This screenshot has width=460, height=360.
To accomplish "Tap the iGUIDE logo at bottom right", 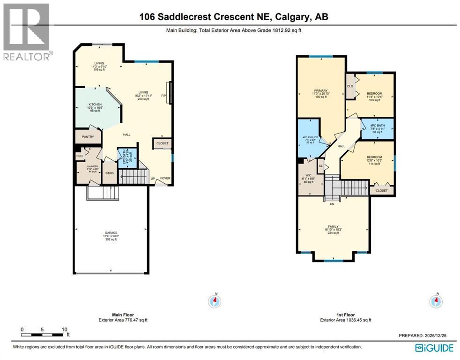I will (x=434, y=348).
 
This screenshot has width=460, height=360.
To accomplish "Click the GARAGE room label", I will (x=111, y=232).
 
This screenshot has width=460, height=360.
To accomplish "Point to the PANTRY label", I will (x=88, y=137).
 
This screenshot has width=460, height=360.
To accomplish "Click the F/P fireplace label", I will (x=163, y=96).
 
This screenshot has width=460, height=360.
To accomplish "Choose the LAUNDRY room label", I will (x=88, y=166).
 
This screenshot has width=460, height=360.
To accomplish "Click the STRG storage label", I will (x=110, y=173).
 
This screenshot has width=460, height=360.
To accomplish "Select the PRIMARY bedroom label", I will (x=321, y=90).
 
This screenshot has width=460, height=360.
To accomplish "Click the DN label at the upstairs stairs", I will (x=332, y=204).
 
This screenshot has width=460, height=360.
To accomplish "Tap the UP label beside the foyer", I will (x=153, y=178).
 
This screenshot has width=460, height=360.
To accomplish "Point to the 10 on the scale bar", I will (x=64, y=330).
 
